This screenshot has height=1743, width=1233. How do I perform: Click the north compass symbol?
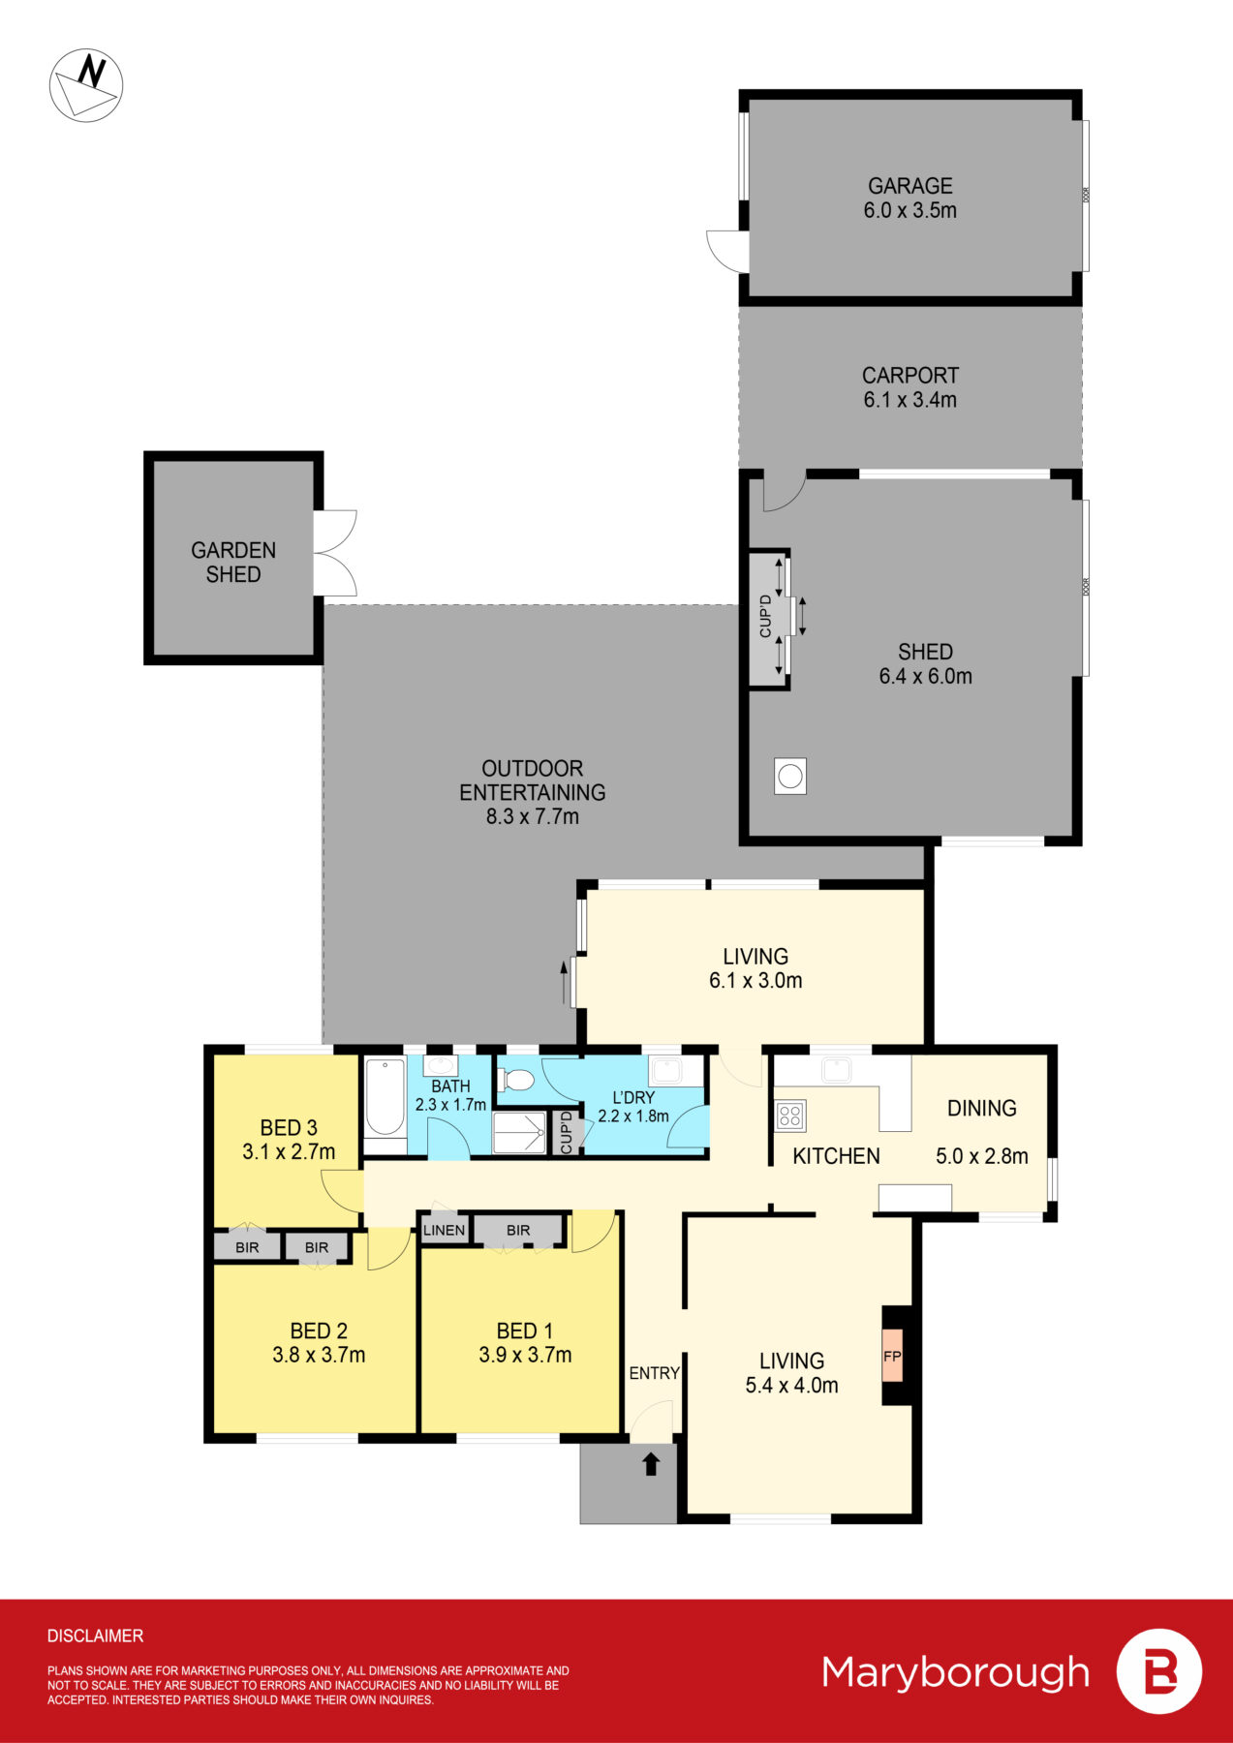(86, 85)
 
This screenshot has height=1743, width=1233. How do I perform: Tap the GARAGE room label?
(909, 186)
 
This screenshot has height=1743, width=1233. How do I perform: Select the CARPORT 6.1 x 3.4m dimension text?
(909, 400)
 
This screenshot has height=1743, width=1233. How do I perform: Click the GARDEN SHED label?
(233, 563)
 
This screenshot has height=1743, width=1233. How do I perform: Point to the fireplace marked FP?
(892, 1357)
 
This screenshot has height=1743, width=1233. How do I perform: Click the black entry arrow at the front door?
(651, 1463)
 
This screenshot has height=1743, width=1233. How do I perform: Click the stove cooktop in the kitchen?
(789, 1116)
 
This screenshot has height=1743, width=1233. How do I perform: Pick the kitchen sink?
(835, 1070)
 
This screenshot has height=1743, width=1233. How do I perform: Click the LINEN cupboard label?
(445, 1230)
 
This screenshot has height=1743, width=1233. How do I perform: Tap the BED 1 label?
(524, 1330)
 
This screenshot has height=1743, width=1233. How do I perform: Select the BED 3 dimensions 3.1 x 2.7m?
(289, 1152)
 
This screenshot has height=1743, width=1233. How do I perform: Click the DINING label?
(981, 1108)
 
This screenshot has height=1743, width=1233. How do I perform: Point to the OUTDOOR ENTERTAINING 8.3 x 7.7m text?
(532, 792)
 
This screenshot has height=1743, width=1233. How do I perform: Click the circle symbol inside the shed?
(790, 776)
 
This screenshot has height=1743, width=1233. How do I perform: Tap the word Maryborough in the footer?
(955, 1672)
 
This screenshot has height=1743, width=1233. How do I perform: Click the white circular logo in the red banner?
(1158, 1672)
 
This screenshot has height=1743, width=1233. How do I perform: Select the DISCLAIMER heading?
(95, 1636)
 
